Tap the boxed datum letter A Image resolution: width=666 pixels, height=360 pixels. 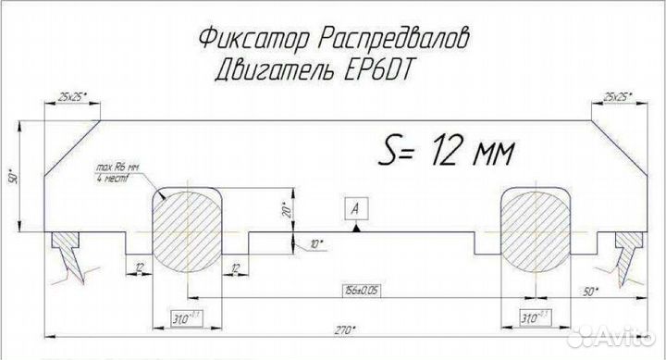[x=354, y=207]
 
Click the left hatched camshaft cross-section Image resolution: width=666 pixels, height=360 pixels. [x=186, y=229]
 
